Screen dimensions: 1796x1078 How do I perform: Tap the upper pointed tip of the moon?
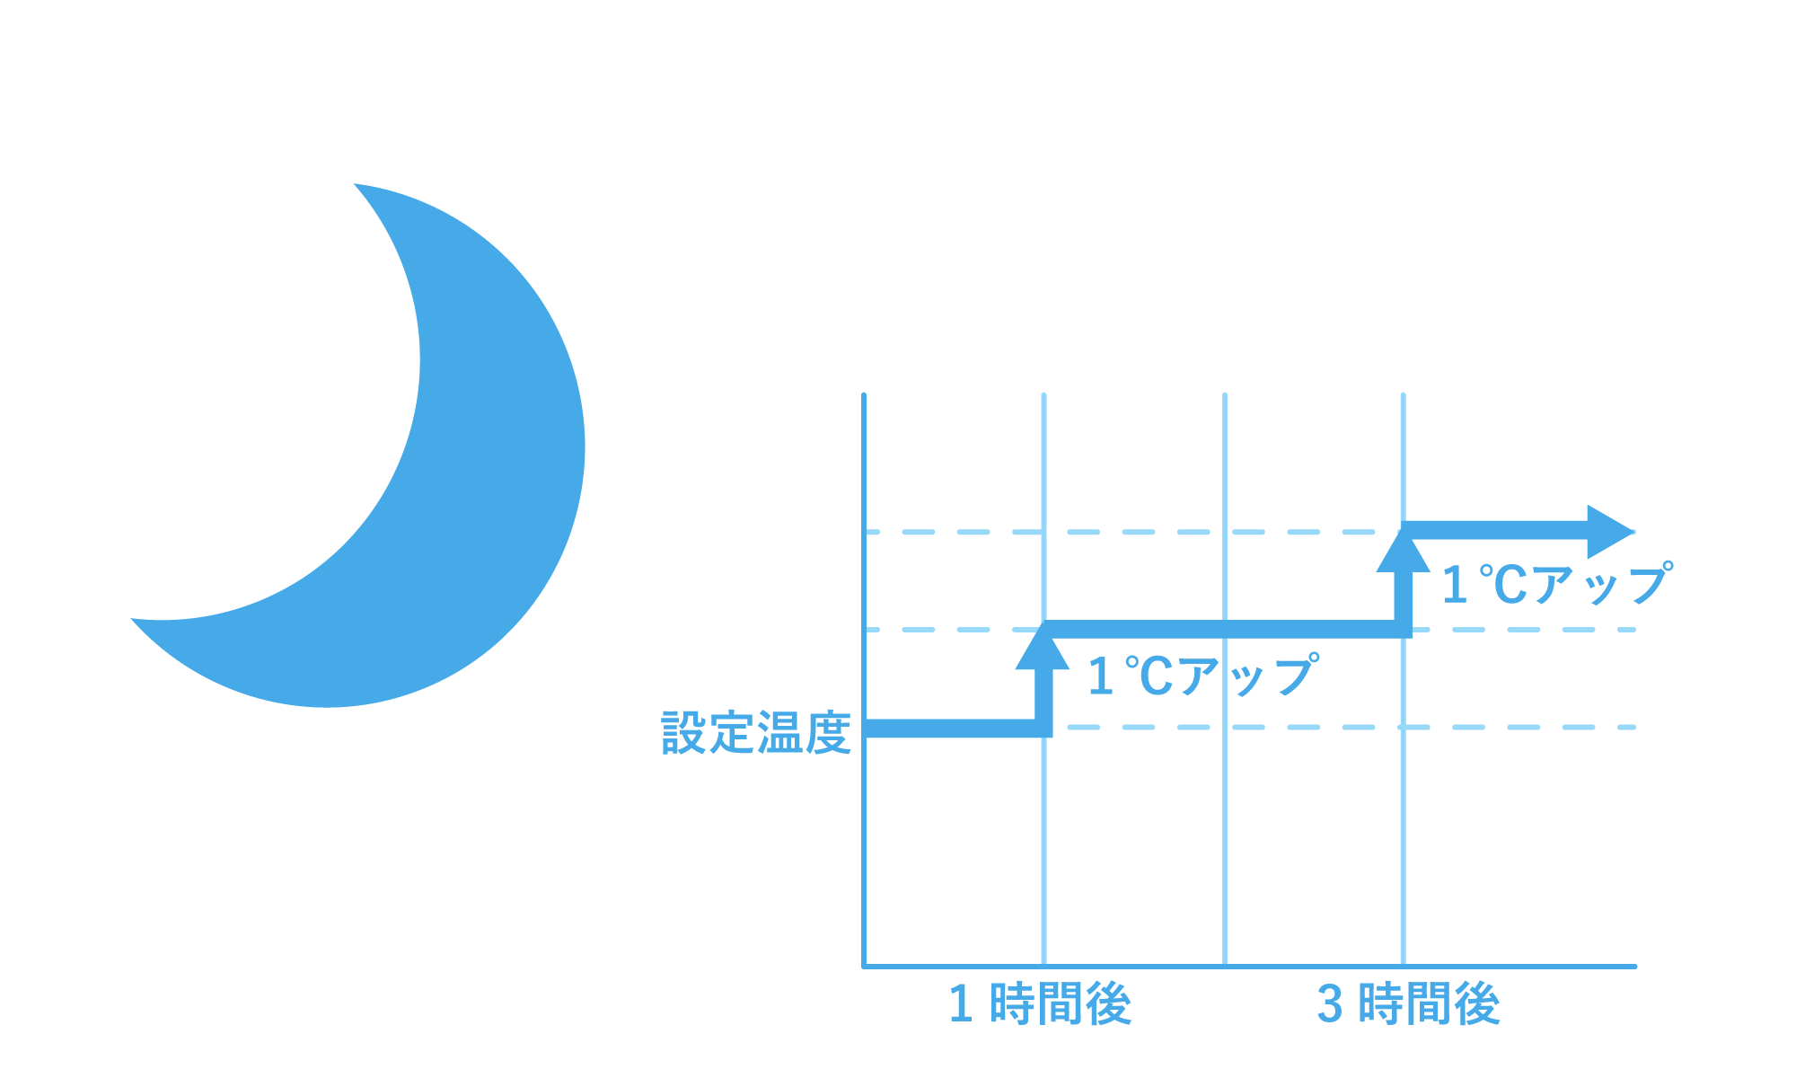tap(355, 184)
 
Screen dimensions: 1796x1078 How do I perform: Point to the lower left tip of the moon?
tap(132, 619)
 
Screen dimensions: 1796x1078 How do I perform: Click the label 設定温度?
tap(756, 733)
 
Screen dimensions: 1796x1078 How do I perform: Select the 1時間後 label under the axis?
tap(1040, 1003)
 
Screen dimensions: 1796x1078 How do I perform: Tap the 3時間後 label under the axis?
tap(1408, 1003)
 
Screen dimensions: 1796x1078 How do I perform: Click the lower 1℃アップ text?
tap(1203, 676)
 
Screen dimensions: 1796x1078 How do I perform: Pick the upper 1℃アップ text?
tap(1557, 584)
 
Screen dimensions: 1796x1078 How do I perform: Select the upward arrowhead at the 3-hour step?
tap(1403, 550)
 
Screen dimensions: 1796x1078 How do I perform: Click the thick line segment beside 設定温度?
tap(952, 729)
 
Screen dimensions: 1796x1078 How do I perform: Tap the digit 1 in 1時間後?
tap(961, 1004)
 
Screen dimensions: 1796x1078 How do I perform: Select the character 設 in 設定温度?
tap(684, 733)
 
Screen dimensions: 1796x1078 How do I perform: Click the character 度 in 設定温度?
tap(828, 733)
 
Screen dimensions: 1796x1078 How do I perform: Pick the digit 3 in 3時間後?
tap(1330, 1004)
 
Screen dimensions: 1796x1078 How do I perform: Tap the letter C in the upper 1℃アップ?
tap(1510, 585)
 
